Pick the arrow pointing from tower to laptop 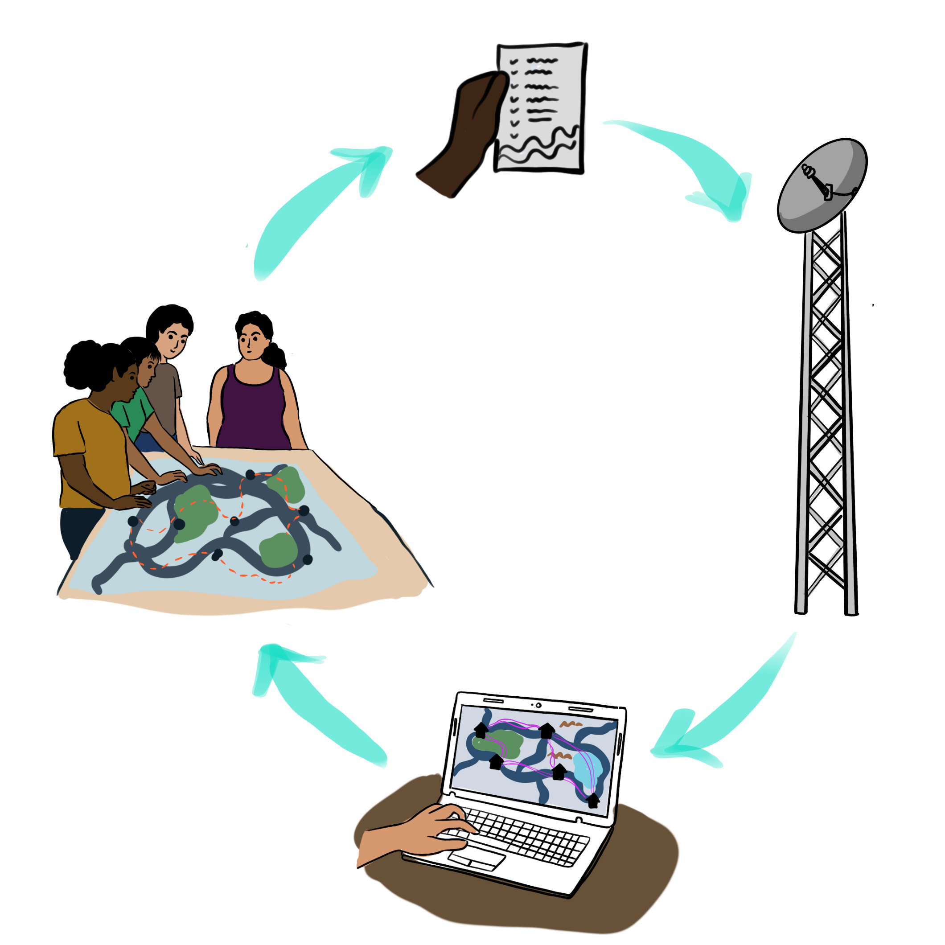[x=724, y=704]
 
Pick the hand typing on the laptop [x=431, y=831]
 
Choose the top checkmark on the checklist [x=514, y=62]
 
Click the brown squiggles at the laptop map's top [x=570, y=724]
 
